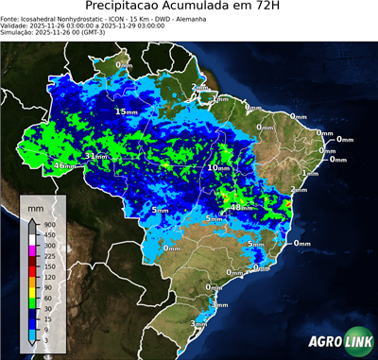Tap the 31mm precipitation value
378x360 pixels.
click(95, 156)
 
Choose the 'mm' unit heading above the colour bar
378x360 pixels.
click(35, 205)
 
